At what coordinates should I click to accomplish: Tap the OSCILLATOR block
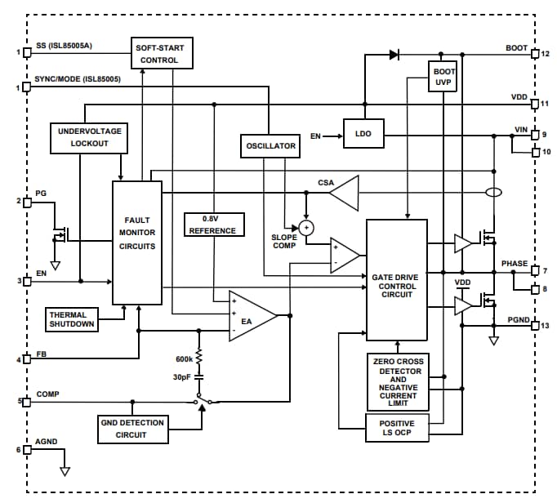(x=270, y=146)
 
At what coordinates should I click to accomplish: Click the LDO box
(x=363, y=136)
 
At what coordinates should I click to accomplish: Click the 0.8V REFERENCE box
(x=212, y=225)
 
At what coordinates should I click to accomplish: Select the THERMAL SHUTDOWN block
(x=73, y=319)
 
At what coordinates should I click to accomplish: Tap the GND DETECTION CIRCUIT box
(x=131, y=428)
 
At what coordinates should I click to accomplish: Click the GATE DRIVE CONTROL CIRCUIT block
(x=396, y=280)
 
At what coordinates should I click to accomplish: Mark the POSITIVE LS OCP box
(x=396, y=429)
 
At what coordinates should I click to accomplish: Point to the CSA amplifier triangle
(x=344, y=194)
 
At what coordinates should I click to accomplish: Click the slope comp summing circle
(x=306, y=227)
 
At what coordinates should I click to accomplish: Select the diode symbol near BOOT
(x=394, y=55)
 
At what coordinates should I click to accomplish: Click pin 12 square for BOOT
(x=534, y=55)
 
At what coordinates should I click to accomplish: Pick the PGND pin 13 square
(x=534, y=325)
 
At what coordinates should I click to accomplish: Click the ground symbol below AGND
(x=65, y=470)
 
